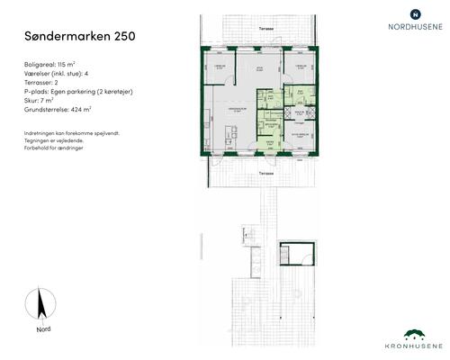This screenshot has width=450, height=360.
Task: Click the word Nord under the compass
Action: (x=43, y=328)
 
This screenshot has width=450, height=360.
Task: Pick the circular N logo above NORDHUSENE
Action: (x=414, y=13)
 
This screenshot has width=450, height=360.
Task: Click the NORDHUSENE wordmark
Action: (x=414, y=27)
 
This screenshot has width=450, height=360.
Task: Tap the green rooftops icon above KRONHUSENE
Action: (x=414, y=332)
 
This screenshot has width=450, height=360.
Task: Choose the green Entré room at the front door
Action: (x=267, y=142)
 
